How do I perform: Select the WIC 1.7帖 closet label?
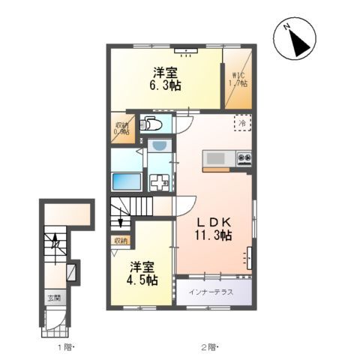click(x=238, y=79)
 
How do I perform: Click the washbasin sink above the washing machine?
click(x=158, y=147)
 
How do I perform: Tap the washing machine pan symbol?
click(x=159, y=181)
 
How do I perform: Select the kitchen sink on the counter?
click(x=215, y=158)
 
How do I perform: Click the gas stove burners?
click(x=244, y=157)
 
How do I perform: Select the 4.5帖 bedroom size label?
click(x=142, y=273)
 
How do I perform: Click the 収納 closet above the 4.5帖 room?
click(x=121, y=241)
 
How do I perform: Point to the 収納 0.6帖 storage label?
click(x=121, y=128)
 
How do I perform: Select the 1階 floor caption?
click(x=67, y=347)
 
